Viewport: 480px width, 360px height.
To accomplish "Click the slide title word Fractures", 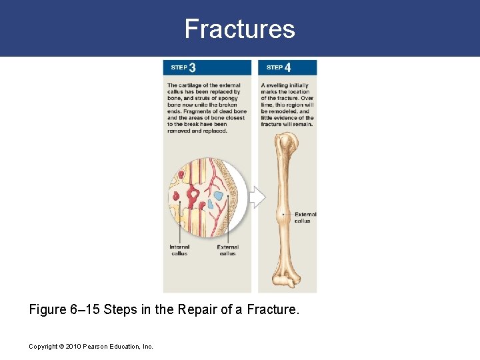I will pyautogui.click(x=239, y=29).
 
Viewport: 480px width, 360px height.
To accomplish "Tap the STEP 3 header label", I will pyautogui.click(x=183, y=67).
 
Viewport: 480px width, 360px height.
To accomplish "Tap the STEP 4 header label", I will pyautogui.click(x=279, y=67).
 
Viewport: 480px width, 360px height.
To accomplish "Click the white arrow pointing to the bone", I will pyautogui.click(x=257, y=197).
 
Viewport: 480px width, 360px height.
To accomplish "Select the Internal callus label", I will pyautogui.click(x=179, y=250).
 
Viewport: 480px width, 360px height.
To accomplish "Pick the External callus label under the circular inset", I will pyautogui.click(x=227, y=250).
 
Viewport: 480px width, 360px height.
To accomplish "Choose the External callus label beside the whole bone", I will pyautogui.click(x=305, y=217).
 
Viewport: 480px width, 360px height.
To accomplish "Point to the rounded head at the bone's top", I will pyautogui.click(x=288, y=141).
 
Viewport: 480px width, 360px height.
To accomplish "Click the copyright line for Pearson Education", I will pyautogui.click(x=91, y=347).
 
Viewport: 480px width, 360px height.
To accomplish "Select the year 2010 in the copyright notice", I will pyautogui.click(x=71, y=347).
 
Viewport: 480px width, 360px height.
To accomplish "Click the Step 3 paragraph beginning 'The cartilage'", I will pyautogui.click(x=207, y=108).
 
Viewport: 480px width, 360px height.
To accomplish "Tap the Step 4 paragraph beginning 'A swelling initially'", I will pyautogui.click(x=287, y=105).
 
